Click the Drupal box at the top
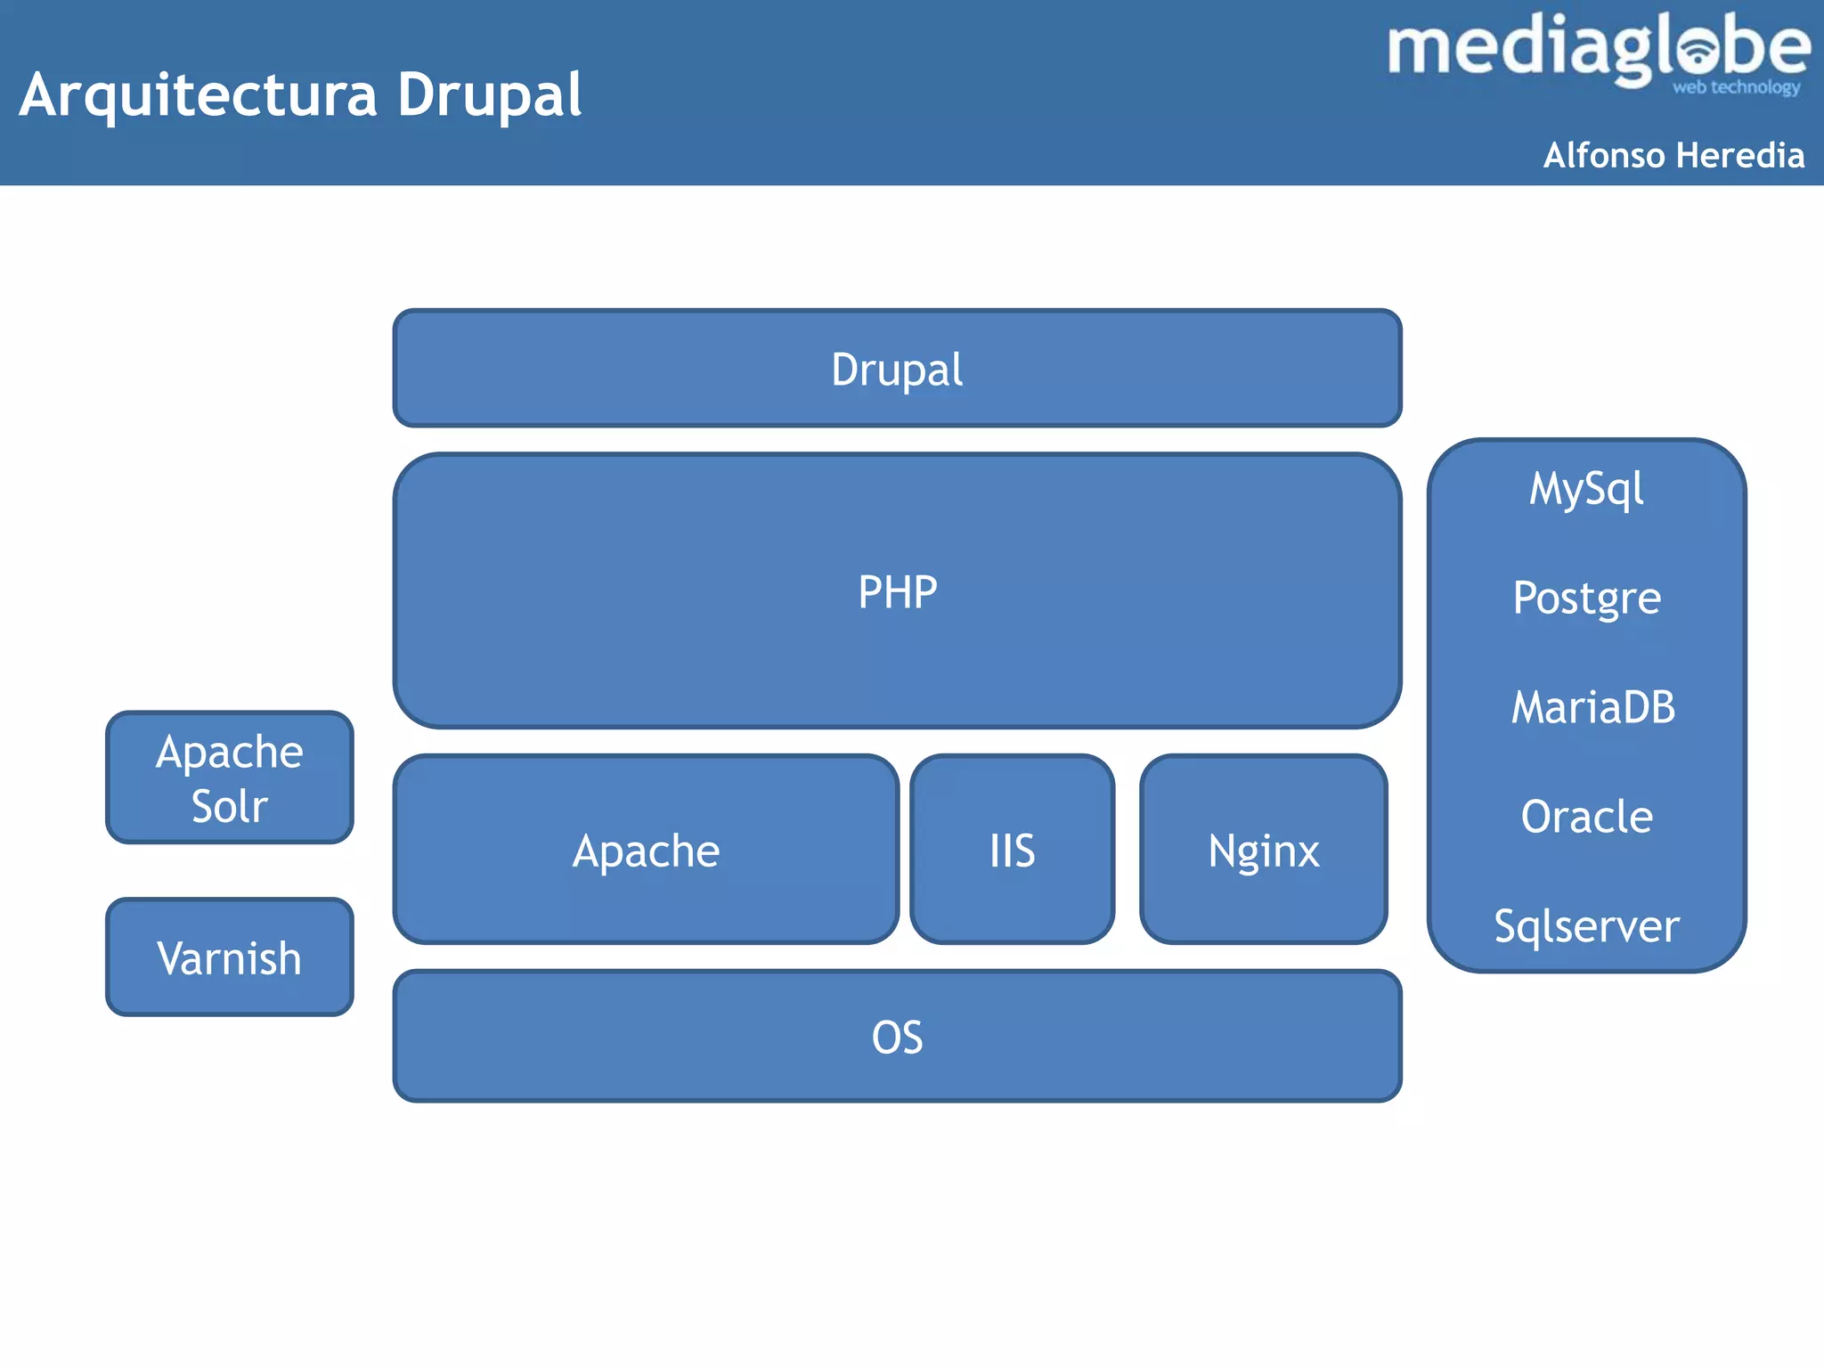pos(897,369)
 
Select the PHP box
pos(897,591)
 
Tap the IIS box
pos(1012,850)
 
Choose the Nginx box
pos(1263,850)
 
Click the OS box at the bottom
pos(897,1037)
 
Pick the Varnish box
pos(229,958)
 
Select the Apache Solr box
pos(229,778)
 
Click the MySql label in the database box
pos(1586,489)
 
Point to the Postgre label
pos(1586,598)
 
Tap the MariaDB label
pos(1592,707)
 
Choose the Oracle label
pos(1586,817)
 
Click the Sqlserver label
pos(1586,926)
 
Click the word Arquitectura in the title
pos(198,95)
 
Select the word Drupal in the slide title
pos(489,95)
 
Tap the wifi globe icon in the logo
pos(1699,50)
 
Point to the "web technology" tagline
pos(1736,87)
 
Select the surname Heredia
pos(1740,155)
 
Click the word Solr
pos(229,806)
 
